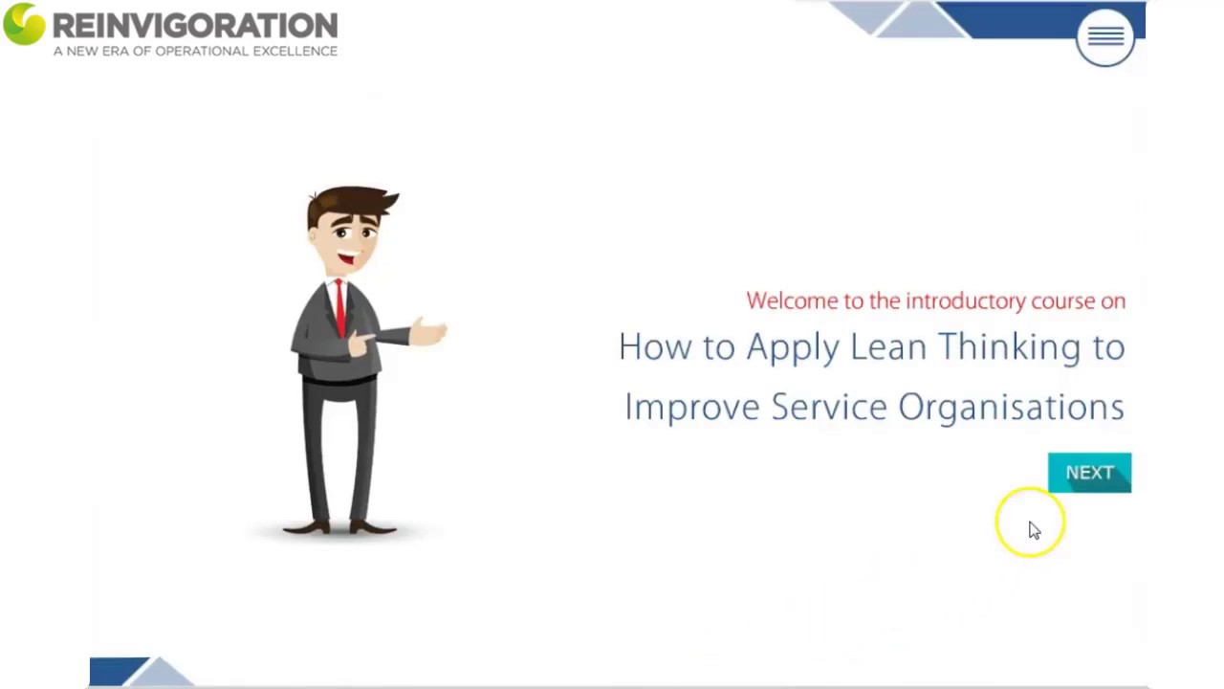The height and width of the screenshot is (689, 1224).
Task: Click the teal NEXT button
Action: [1089, 473]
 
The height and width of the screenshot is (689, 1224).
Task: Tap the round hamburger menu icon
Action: [1105, 37]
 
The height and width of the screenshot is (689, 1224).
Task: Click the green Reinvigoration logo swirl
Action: [24, 24]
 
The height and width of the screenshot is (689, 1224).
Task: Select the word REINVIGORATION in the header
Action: [195, 25]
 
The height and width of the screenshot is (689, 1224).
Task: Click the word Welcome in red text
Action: [792, 300]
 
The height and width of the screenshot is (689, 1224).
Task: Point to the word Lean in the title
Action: [887, 346]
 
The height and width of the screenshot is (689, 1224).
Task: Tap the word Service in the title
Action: [829, 407]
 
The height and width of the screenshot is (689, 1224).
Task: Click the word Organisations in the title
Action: [1011, 408]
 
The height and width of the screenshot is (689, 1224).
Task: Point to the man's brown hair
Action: [352, 202]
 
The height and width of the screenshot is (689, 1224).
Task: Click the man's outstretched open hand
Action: [428, 332]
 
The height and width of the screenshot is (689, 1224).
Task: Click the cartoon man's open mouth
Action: [346, 258]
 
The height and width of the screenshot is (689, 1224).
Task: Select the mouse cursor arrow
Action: [1034, 530]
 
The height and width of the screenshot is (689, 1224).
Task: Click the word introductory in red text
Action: [965, 300]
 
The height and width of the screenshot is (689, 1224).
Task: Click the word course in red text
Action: [1062, 300]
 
